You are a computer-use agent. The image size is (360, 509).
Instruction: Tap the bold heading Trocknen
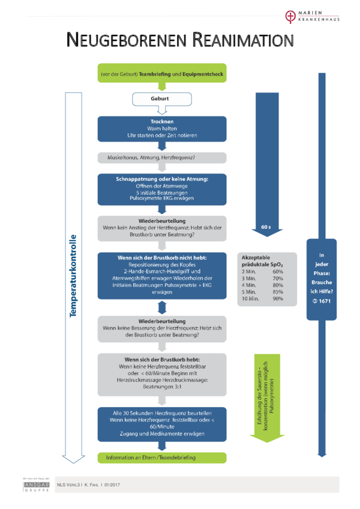pos(162,121)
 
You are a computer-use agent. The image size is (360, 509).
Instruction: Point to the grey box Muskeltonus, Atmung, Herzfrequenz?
pos(162,158)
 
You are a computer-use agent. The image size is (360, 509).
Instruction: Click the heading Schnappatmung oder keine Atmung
pos(162,179)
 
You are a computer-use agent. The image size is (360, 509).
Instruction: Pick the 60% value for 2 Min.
pos(277,272)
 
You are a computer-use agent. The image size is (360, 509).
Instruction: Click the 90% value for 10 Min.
pos(277,298)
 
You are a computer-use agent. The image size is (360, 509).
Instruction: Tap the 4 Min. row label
pos(250,285)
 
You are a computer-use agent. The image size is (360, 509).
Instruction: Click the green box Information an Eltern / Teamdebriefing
pos(162,457)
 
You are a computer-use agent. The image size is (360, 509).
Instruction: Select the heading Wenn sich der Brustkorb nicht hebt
pos(162,258)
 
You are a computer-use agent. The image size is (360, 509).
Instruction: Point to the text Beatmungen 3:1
pos(162,387)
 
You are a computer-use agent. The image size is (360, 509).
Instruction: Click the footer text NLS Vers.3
pos(68,484)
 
